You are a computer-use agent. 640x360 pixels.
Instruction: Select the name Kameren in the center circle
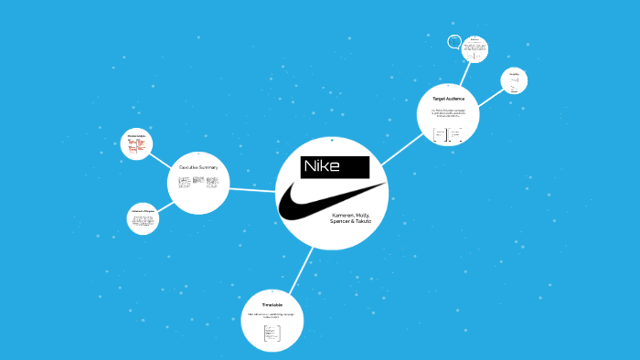pos(345,216)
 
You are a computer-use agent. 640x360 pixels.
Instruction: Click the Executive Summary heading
pos(197,167)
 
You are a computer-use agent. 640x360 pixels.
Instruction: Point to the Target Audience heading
pos(447,98)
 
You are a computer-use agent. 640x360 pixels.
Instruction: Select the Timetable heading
pos(272,304)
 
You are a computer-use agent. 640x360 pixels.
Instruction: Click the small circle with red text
pos(136,143)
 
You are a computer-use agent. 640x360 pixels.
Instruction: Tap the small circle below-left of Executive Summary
pos(143,219)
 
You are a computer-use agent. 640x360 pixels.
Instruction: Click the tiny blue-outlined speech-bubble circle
pos(454,42)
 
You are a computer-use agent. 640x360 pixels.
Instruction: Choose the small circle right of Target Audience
pos(515,81)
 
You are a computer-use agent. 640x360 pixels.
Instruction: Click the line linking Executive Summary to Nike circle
pos(251,189)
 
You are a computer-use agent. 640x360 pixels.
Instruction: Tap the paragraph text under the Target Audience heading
pos(447,113)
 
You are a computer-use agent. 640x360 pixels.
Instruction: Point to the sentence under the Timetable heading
pos(272,316)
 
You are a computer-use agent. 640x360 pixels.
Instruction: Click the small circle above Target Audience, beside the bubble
pos(475,48)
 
